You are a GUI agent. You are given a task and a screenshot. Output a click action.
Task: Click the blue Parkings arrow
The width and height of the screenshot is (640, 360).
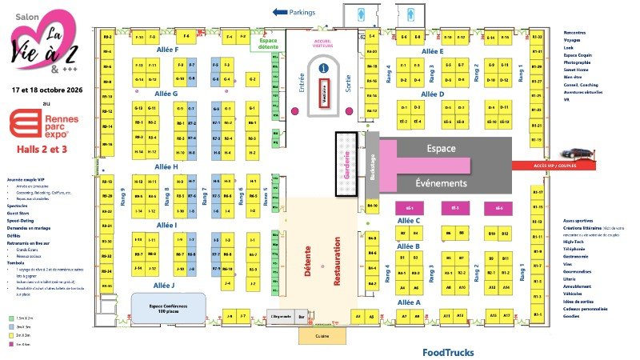pyautogui.click(x=280, y=12)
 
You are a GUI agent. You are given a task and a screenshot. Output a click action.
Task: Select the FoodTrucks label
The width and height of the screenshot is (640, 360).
pyautogui.click(x=448, y=352)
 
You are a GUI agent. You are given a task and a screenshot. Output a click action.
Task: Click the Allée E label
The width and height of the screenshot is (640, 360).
pyautogui.click(x=432, y=51)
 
